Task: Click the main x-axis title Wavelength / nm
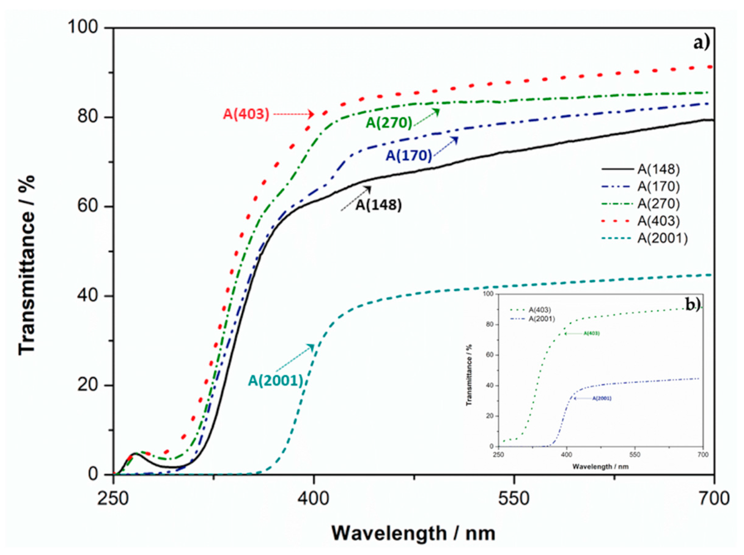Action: (x=413, y=534)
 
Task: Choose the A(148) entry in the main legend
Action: (x=658, y=169)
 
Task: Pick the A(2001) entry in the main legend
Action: (x=662, y=238)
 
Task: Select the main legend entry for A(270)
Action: (x=658, y=204)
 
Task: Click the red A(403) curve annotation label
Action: (x=246, y=114)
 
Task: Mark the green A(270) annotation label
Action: (x=389, y=123)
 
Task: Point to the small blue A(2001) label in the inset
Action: (x=602, y=399)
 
